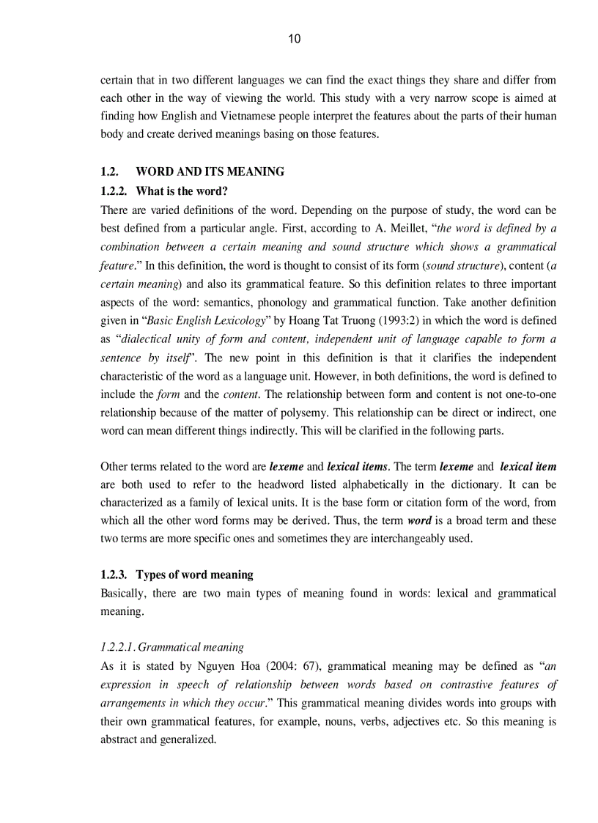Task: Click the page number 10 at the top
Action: pyautogui.click(x=294, y=40)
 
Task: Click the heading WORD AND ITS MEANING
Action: pyautogui.click(x=210, y=172)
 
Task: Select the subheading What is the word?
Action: pyautogui.click(x=182, y=191)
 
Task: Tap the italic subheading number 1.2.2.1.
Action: pyautogui.click(x=118, y=647)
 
